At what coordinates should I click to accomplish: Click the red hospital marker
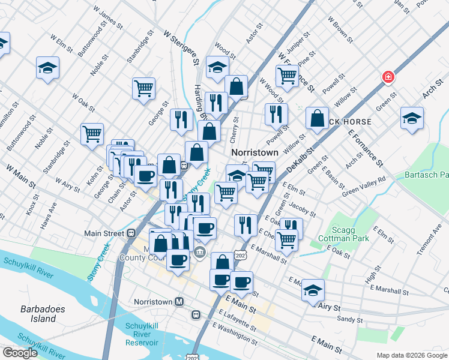point(388,77)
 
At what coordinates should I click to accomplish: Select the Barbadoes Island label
point(43,314)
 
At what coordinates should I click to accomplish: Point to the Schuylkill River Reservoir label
point(142,334)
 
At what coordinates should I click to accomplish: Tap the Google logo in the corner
point(20,353)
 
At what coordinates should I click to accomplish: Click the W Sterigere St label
point(181,49)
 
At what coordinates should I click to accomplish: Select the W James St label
point(108,19)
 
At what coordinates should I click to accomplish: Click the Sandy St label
point(346,320)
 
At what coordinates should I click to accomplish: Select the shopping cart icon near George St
point(144,88)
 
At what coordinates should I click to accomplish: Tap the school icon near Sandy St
point(313,290)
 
